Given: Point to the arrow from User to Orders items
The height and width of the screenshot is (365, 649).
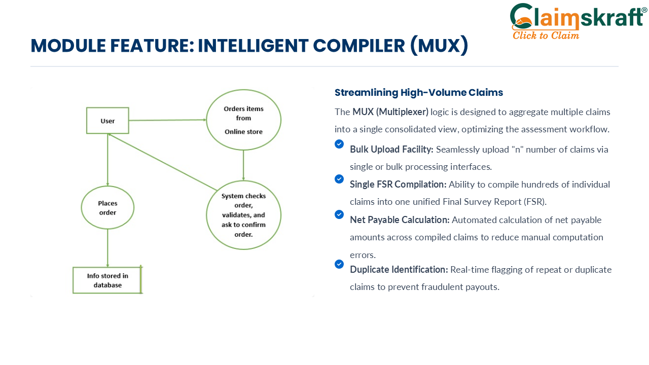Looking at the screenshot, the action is click(x=167, y=120).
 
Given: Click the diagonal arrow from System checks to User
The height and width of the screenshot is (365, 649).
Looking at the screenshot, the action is click(x=163, y=162).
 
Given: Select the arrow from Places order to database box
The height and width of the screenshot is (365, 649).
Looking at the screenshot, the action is click(x=107, y=248).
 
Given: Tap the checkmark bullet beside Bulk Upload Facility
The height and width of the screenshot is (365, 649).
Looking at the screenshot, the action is click(x=339, y=144).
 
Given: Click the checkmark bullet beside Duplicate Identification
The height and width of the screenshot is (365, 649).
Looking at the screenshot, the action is click(x=339, y=264).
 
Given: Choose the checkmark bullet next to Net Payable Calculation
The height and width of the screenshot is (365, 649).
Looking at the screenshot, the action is click(x=339, y=214).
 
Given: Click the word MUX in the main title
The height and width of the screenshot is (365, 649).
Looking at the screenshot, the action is click(x=439, y=46).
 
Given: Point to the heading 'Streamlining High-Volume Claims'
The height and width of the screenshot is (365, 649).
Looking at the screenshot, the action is click(x=419, y=92).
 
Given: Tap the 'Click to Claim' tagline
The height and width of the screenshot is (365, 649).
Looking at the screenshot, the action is click(x=546, y=35).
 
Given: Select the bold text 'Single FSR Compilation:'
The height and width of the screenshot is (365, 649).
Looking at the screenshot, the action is click(x=398, y=184).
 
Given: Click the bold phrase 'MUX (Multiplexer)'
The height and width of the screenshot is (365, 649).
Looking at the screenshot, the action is click(x=390, y=112).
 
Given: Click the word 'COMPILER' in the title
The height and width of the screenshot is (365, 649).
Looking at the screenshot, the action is click(x=358, y=46).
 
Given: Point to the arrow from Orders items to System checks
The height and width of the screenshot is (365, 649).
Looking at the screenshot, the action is click(x=243, y=165).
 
